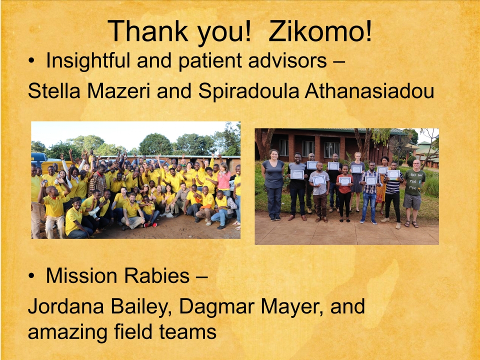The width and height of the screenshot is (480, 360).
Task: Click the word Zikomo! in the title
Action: click(320, 31)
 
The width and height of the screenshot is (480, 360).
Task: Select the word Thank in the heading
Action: click(148, 31)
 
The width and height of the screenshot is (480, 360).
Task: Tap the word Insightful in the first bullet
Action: click(88, 60)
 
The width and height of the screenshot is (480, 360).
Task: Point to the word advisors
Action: click(287, 60)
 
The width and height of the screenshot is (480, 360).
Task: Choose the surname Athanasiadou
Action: click(369, 91)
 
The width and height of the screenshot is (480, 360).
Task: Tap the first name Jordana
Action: click(66, 306)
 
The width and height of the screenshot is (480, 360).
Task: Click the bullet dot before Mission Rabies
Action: click(31, 276)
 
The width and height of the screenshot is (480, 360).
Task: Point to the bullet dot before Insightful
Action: click(31, 61)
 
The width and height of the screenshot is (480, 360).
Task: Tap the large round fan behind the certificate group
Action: click(399, 145)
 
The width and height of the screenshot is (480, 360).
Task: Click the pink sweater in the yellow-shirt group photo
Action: click(224, 180)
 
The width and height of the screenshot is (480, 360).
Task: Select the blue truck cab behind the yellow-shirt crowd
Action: click(39, 158)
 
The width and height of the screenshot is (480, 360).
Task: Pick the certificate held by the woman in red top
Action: click(344, 181)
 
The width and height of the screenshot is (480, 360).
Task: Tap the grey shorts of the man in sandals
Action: click(412, 201)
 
